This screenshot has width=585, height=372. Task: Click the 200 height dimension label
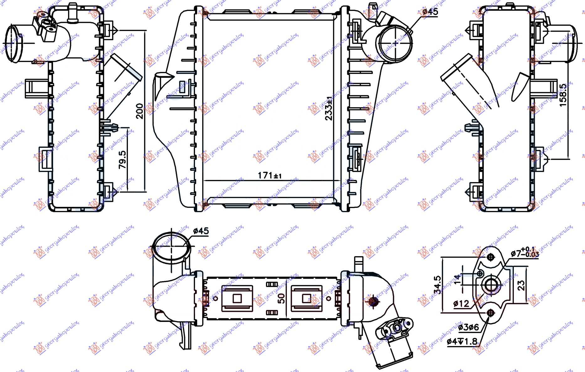pyautogui.click(x=140, y=111)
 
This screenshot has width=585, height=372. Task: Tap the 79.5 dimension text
pyautogui.click(x=123, y=160)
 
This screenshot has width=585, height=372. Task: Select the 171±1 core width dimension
pyautogui.click(x=269, y=176)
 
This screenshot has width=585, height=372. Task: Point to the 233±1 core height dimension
pyautogui.click(x=329, y=108)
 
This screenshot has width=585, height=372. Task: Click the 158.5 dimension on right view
pyautogui.click(x=563, y=95)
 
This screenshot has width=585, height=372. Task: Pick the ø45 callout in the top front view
pyautogui.click(x=430, y=12)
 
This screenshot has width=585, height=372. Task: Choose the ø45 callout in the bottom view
pyautogui.click(x=201, y=231)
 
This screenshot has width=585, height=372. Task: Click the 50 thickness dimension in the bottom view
pyautogui.click(x=282, y=298)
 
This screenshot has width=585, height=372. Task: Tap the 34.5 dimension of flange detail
pyautogui.click(x=437, y=285)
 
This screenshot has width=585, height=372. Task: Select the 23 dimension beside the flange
pyautogui.click(x=521, y=285)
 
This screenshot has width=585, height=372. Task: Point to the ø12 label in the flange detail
pyautogui.click(x=461, y=303)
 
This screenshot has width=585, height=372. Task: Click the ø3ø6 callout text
pyautogui.click(x=468, y=327)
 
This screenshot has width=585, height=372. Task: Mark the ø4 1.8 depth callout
pyautogui.click(x=462, y=341)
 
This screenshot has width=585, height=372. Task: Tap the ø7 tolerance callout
pyautogui.click(x=524, y=253)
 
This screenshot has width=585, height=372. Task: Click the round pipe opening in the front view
pyautogui.click(x=395, y=43)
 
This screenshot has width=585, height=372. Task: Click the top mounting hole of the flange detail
pyautogui.click(x=491, y=257)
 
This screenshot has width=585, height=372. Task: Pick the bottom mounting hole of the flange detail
pyautogui.click(x=491, y=313)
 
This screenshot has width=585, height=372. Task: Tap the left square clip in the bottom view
pyautogui.click(x=237, y=298)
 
